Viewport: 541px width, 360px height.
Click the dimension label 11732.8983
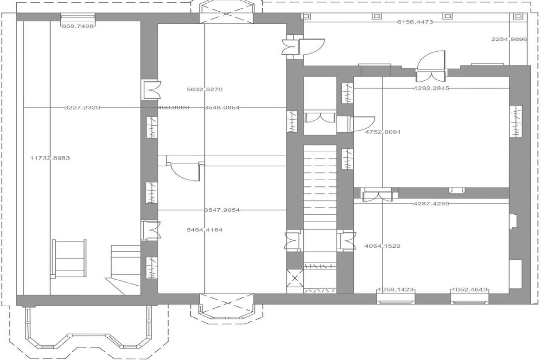pyautogui.click(x=50, y=158)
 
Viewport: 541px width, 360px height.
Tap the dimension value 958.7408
pyautogui.click(x=78, y=26)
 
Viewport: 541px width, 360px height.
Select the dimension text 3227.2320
pyautogui.click(x=82, y=108)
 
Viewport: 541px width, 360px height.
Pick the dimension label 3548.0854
pyautogui.click(x=222, y=108)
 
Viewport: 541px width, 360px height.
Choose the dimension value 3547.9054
pyautogui.click(x=222, y=210)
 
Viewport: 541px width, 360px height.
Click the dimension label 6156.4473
pyautogui.click(x=415, y=22)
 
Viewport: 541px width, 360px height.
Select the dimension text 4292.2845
pyautogui.click(x=432, y=88)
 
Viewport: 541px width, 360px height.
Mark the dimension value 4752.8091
pyautogui.click(x=382, y=132)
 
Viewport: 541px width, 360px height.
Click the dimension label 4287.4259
pyautogui.click(x=431, y=203)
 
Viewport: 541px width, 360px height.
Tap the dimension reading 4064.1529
pyautogui.click(x=382, y=246)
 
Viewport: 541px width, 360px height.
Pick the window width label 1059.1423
pyautogui.click(x=395, y=290)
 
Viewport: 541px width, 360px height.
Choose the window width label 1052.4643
pyautogui.click(x=470, y=290)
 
